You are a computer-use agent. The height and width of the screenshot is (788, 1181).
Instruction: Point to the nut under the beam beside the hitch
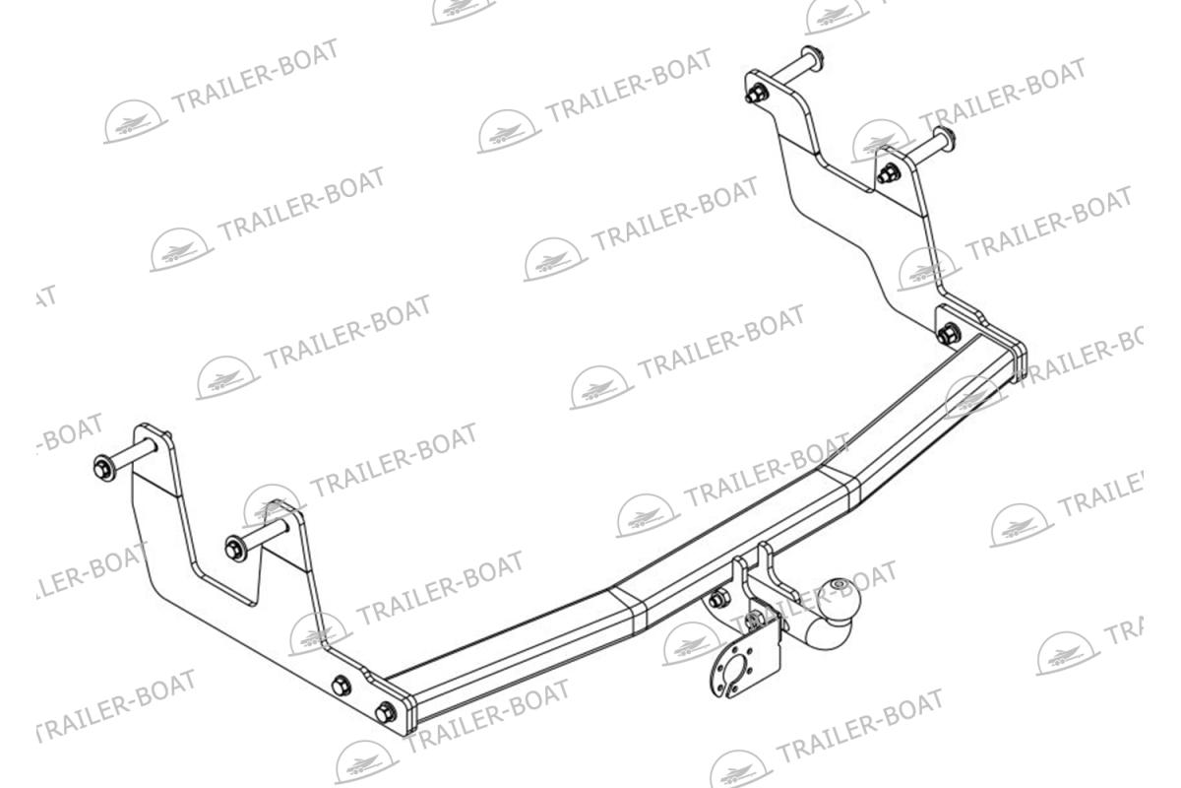718,600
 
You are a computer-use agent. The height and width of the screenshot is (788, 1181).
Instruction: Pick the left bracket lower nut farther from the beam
342,687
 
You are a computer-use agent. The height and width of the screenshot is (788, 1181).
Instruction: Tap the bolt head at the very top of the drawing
813,53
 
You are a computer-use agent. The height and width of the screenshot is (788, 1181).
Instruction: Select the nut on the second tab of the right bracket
888,175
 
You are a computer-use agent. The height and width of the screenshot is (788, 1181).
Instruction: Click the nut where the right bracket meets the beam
948,333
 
